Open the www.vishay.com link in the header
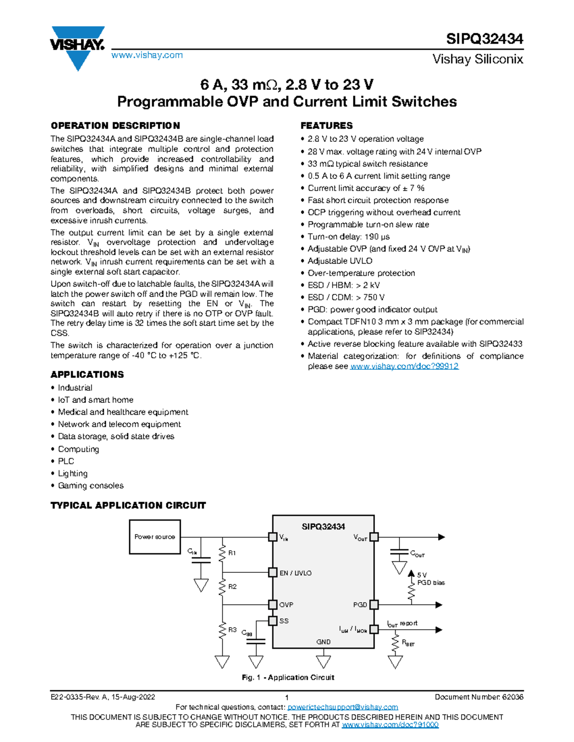pyautogui.click(x=147, y=55)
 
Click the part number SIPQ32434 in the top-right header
pyautogui.click(x=484, y=39)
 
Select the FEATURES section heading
pyautogui.click(x=326, y=126)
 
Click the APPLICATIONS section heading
pyautogui.click(x=87, y=375)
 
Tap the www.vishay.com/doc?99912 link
pyautogui.click(x=404, y=366)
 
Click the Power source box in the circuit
pyautogui.click(x=155, y=537)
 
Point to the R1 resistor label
pyautogui.click(x=232, y=553)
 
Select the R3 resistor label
pyautogui.click(x=232, y=630)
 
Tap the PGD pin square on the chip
pyautogui.click(x=374, y=605)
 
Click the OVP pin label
pyautogui.click(x=286, y=605)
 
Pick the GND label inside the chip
pyautogui.click(x=323, y=642)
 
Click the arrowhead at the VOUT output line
pyautogui.click(x=442, y=537)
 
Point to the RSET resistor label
pyautogui.click(x=408, y=643)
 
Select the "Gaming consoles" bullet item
pyautogui.click(x=90, y=486)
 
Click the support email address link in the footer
pyautogui.click(x=342, y=707)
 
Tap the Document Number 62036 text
pyautogui.click(x=479, y=697)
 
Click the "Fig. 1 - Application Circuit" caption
pyautogui.click(x=288, y=677)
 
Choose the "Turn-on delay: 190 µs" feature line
pyautogui.click(x=349, y=237)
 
